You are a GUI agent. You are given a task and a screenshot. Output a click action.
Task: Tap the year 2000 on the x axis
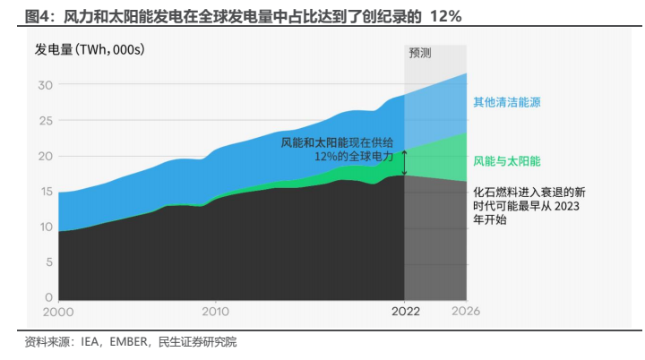coord(58,312)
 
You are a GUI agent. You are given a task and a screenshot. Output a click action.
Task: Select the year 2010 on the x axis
coord(215,312)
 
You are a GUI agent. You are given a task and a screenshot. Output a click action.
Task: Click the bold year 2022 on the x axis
coord(404,312)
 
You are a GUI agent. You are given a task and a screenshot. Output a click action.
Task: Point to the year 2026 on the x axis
coord(466,312)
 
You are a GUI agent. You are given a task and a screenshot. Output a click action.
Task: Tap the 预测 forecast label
coord(420,53)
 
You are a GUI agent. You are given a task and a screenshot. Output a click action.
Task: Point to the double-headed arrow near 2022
coord(404,162)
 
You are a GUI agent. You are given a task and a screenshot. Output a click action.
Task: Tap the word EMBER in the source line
coord(129,342)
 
